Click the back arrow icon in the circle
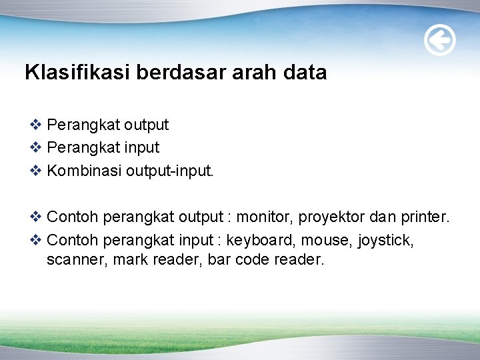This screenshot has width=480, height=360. pyautogui.click(x=440, y=41)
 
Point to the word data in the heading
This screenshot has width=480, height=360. pyautogui.click(x=305, y=73)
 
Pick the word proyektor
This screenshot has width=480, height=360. pyautogui.click(x=331, y=217)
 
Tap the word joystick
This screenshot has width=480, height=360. pyautogui.click(x=387, y=240)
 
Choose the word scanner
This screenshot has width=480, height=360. pyautogui.click(x=75, y=260)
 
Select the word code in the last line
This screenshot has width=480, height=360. pyautogui.click(x=251, y=260)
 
